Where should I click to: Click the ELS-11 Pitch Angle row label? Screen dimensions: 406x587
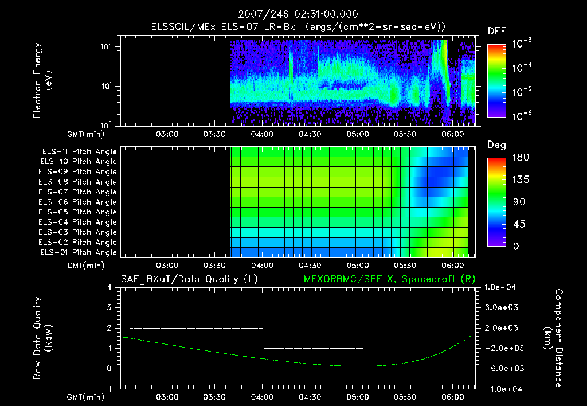[79, 152]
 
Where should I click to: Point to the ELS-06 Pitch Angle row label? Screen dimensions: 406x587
[77, 202]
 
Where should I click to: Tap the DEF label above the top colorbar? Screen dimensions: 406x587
[496, 32]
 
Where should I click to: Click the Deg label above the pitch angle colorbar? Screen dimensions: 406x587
[496, 146]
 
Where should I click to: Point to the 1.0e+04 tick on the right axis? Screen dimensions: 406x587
[502, 287]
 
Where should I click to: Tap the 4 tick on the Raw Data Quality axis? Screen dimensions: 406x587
[109, 287]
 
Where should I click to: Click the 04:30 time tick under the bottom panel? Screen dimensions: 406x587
[310, 397]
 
